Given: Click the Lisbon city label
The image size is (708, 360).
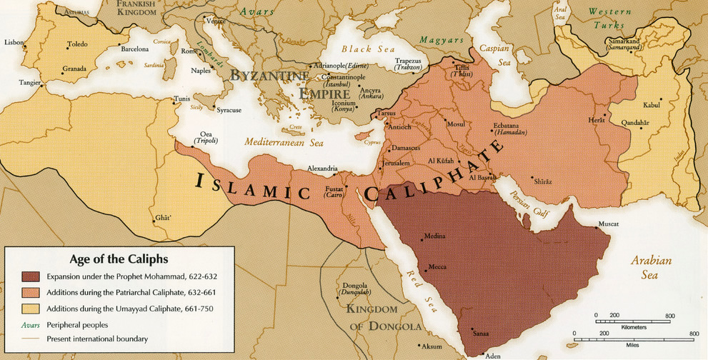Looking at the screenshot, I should coord(14,42).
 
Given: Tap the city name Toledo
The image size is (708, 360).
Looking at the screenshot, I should coord(77,44).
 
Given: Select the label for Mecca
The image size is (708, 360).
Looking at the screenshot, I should coord(437,267).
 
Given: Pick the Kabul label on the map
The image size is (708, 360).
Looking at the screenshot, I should coord(652,105).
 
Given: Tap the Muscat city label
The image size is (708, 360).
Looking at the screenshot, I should coord(608,224).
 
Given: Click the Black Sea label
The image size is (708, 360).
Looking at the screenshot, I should coord(367,49).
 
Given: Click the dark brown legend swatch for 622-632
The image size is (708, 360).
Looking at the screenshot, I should coord(31,276).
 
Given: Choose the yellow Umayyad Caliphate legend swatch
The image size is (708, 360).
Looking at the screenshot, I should coord(31,308).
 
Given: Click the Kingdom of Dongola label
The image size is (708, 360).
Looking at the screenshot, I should coord(383,318).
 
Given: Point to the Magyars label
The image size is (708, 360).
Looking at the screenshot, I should coord(442,39).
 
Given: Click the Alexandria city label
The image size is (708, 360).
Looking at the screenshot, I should coord(322,169).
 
